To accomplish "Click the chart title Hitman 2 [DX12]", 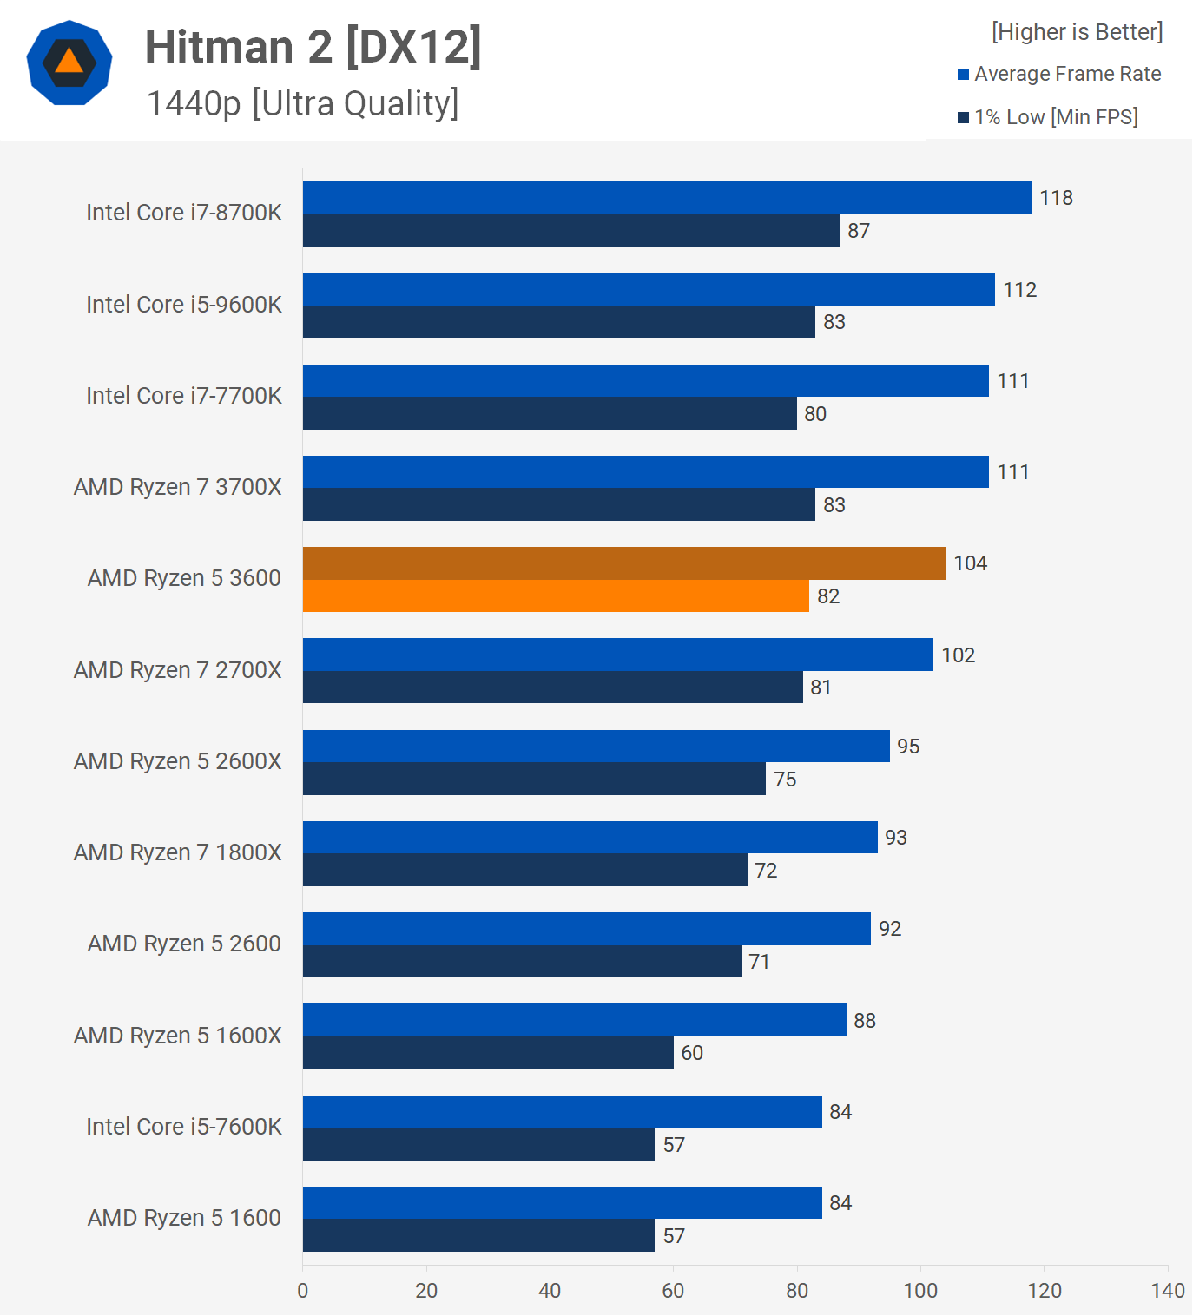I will pos(313,47).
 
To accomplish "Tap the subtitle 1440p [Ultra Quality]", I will pos(302,103).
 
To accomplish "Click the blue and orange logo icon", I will pos(69,63).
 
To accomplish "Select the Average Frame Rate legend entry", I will pos(1066,74).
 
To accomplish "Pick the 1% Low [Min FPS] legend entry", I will pos(1055,117).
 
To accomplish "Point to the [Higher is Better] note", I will pos(1077,32).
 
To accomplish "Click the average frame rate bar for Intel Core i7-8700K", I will pos(667,198).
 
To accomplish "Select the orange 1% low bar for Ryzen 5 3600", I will pos(556,596).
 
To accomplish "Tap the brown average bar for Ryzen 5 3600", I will pos(623,563).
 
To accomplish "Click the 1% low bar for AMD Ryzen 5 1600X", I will pos(488,1053).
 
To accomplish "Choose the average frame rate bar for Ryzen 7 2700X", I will pos(617,655).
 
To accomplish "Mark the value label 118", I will pos(1056,198).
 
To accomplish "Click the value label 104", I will pos(970,563).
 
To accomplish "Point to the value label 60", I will pos(692,1053).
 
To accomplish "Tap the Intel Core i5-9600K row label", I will pos(184,305).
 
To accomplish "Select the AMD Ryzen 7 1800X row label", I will pos(178,852).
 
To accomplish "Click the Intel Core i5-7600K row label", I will pos(184,1127).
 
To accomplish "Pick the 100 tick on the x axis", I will pos(920,1291).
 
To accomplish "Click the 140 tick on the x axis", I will pos(1168,1291).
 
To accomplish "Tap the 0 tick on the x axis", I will pos(303,1291).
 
